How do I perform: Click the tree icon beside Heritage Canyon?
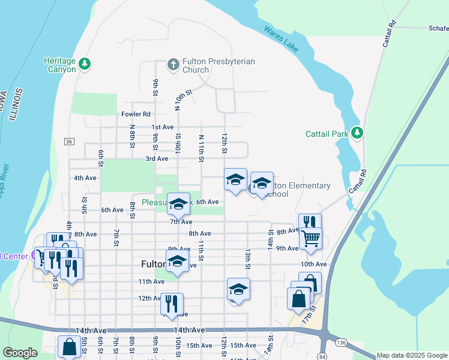click(85, 63)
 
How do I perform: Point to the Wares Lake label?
click(281, 38)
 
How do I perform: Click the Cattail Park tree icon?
click(358, 133)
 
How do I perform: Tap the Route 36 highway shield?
click(70, 141)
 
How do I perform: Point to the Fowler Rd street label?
click(136, 114)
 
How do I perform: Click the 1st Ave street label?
click(162, 127)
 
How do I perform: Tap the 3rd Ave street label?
click(157, 159)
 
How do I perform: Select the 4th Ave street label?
click(85, 178)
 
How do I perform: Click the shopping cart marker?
click(310, 239)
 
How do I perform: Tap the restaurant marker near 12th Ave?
click(172, 304)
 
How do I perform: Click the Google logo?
click(20, 353)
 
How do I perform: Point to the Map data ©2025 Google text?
click(412, 355)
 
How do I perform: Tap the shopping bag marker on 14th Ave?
click(70, 346)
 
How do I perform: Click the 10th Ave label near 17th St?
click(313, 264)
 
